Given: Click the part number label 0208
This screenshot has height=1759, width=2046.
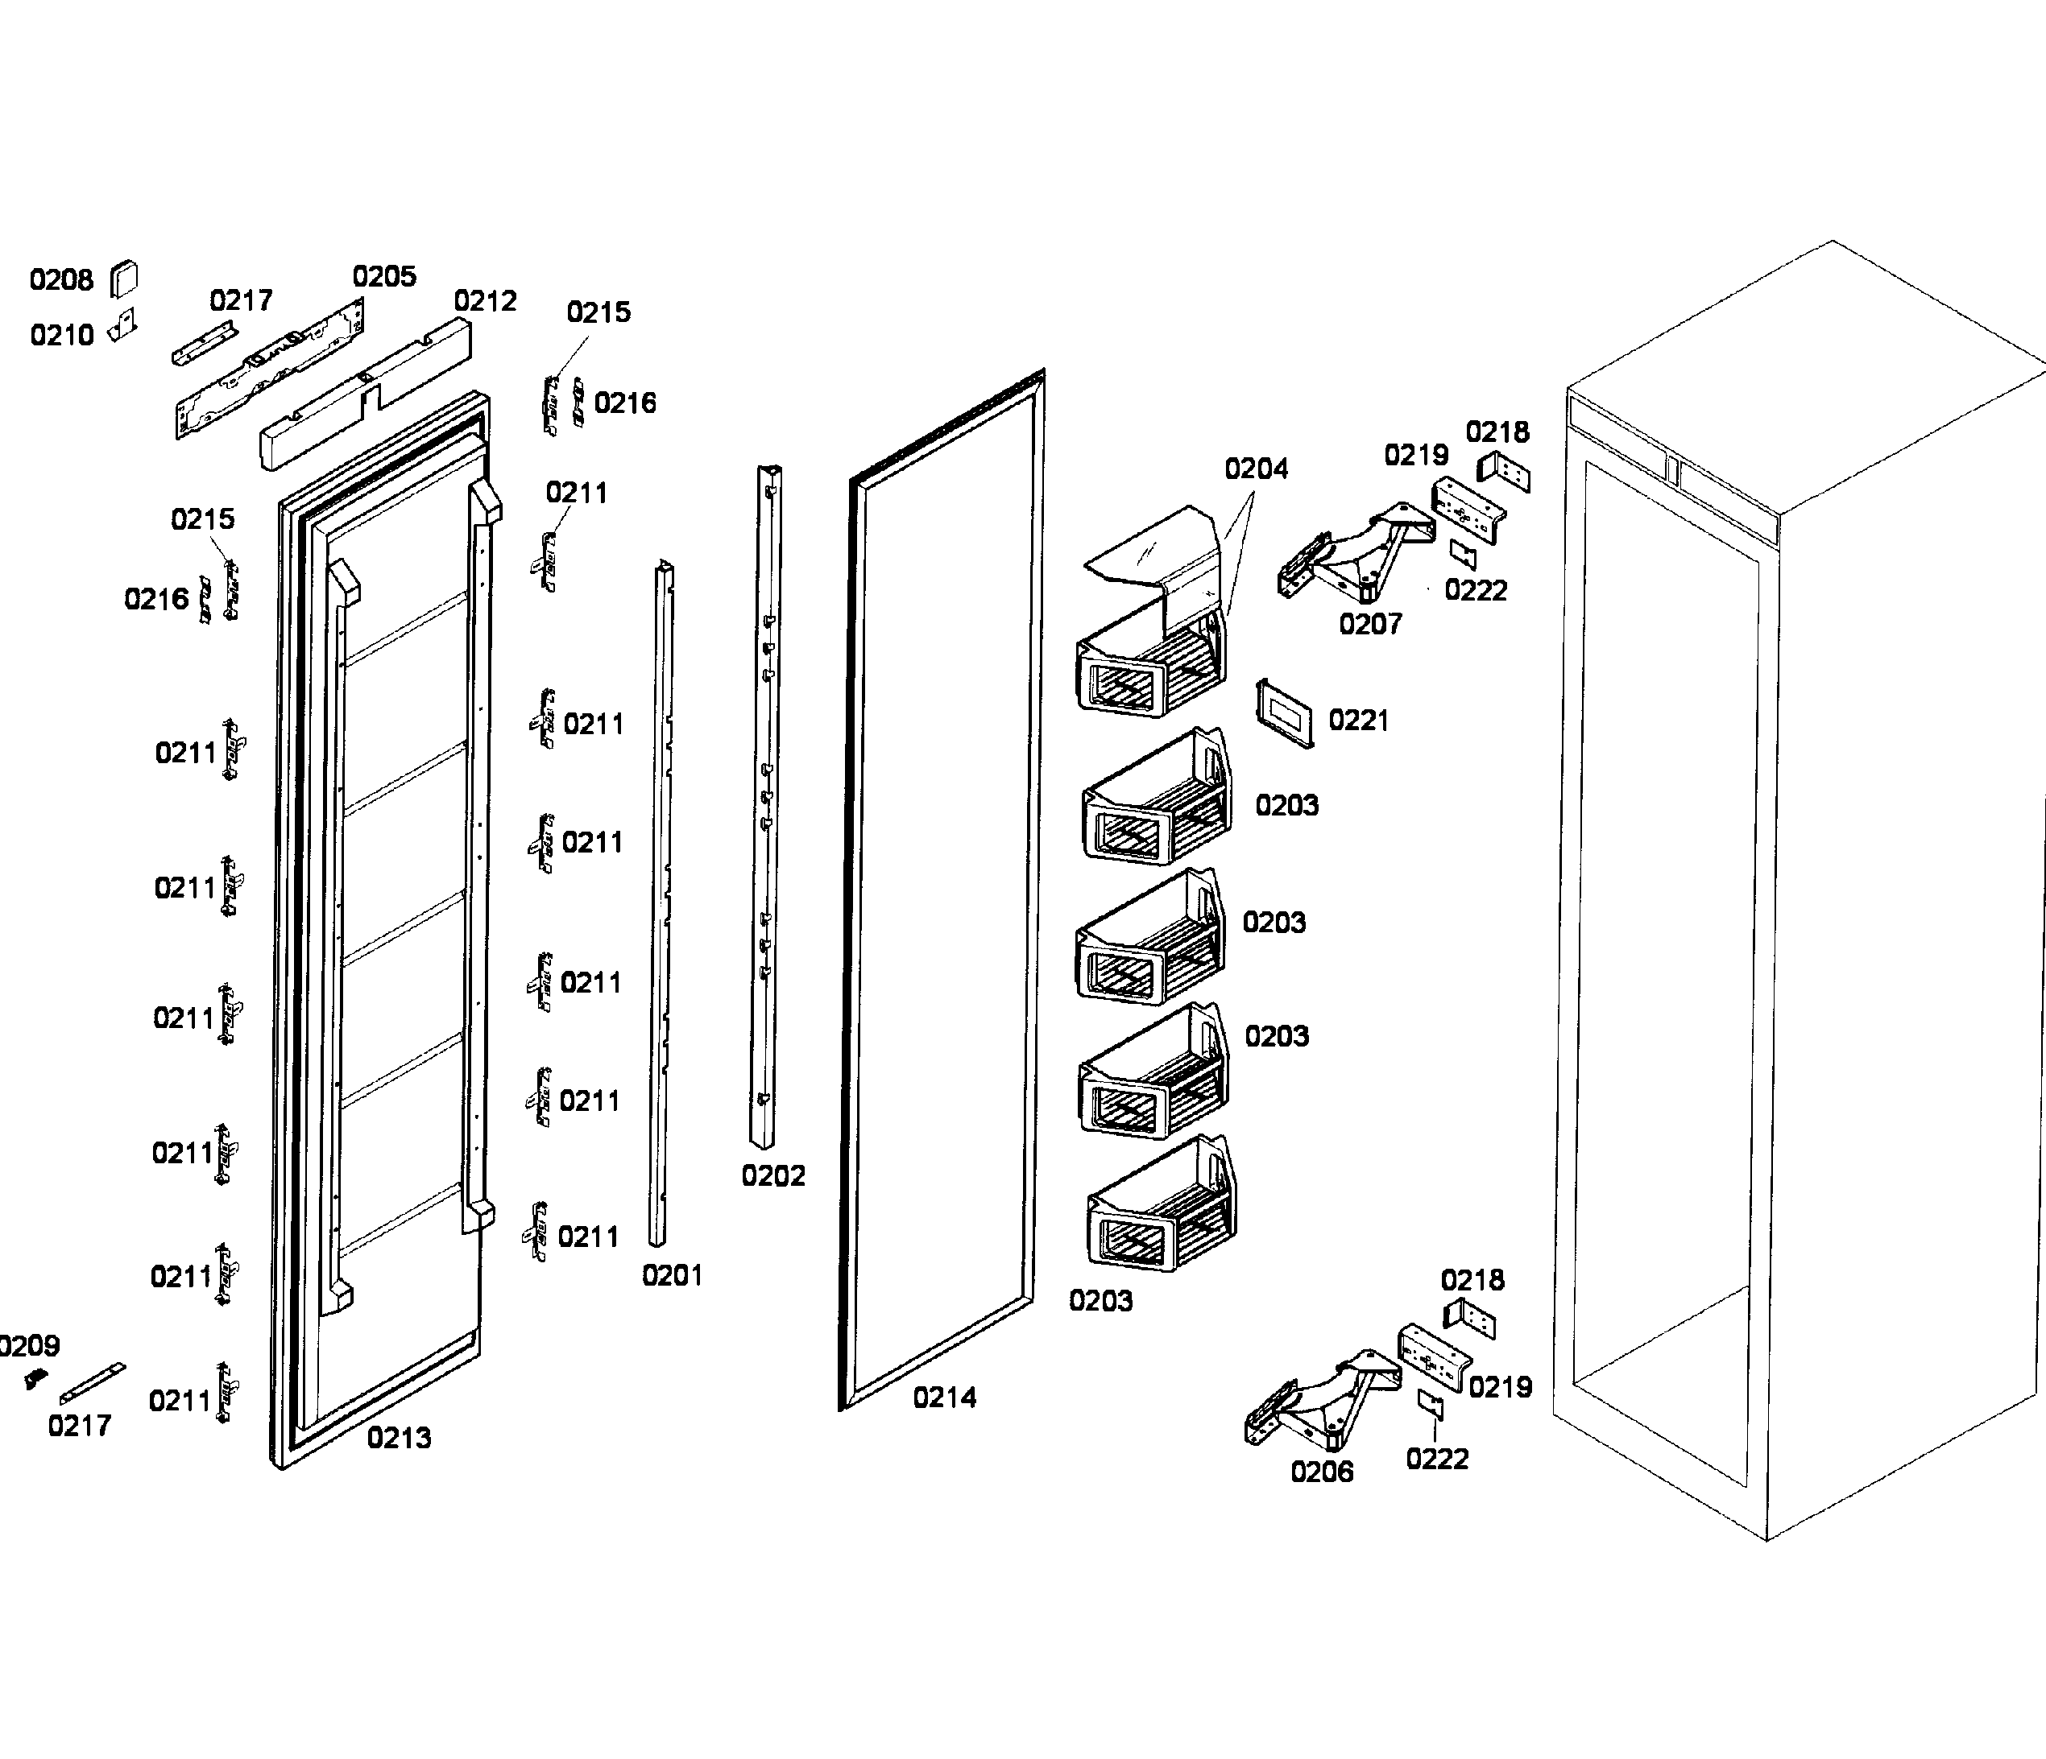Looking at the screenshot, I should tap(61, 280).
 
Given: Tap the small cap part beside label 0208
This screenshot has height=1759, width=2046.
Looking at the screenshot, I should tap(123, 278).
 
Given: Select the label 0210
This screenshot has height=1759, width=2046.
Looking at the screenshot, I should tap(61, 336).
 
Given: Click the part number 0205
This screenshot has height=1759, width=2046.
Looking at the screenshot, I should tap(384, 276).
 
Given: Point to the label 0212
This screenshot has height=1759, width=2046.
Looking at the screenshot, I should tap(485, 301).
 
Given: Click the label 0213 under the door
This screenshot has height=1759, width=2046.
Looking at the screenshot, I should tap(399, 1439).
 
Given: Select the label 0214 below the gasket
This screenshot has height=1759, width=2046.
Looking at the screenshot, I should tap(944, 1398).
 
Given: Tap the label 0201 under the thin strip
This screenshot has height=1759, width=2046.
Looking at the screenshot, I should tap(672, 1275).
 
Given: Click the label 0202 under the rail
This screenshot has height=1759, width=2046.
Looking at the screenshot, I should tap(773, 1175).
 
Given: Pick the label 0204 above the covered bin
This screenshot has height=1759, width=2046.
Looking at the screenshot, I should tap(1256, 469).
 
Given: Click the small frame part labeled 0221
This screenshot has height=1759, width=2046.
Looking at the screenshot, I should tap(1285, 712).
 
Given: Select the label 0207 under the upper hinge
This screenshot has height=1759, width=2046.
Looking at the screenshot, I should tap(1369, 624).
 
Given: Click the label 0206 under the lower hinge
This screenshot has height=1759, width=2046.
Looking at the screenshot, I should tap(1321, 1472).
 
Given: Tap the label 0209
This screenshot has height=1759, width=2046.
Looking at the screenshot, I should tap(30, 1345).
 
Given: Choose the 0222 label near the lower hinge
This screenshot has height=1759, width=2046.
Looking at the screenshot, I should tap(1437, 1459).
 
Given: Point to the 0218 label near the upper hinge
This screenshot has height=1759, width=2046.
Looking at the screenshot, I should tap(1497, 432).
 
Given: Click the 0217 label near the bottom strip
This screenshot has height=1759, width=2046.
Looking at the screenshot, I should tap(79, 1426).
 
